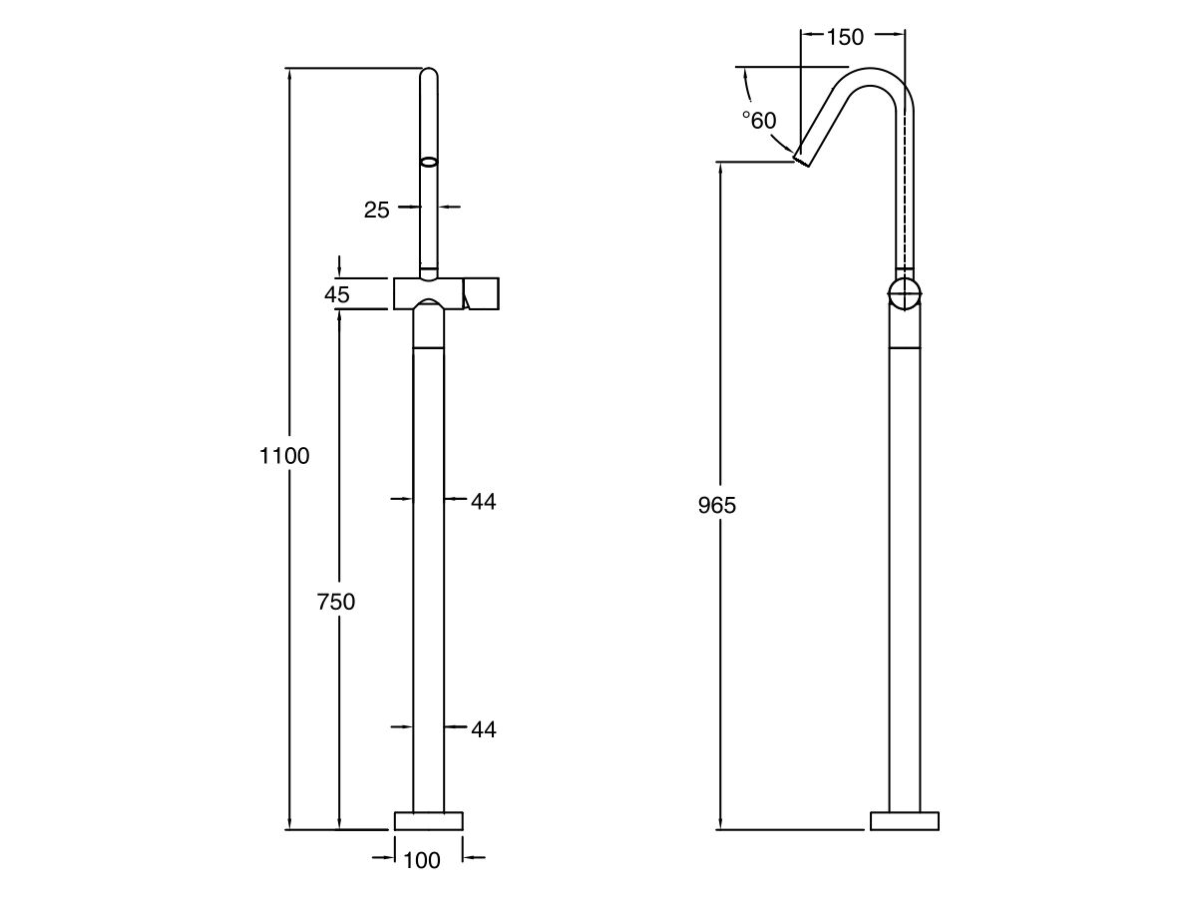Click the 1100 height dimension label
click(x=284, y=457)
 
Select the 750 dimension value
click(x=336, y=602)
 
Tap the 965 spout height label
click(x=716, y=505)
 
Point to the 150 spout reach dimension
click(x=845, y=38)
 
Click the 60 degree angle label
click(x=758, y=121)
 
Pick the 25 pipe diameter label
click(x=376, y=210)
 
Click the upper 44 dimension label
click(x=483, y=502)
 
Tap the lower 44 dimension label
click(x=483, y=730)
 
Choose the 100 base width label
click(x=422, y=860)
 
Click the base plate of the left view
click(x=429, y=821)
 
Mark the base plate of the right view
click(x=904, y=821)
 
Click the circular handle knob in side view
click(x=905, y=294)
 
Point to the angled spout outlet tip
click(x=804, y=159)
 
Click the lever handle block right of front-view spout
click(x=481, y=294)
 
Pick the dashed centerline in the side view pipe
click(x=906, y=190)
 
